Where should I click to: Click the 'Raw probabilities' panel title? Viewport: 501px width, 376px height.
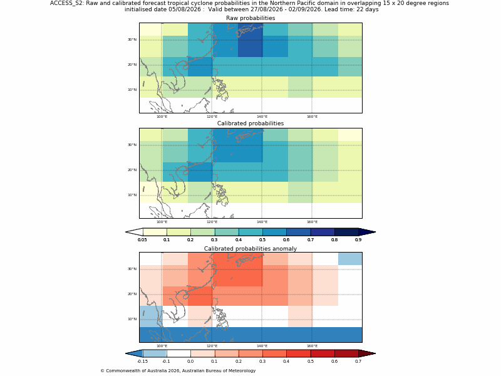click(x=250, y=18)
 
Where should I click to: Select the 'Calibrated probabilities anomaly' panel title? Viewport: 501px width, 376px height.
click(x=250, y=249)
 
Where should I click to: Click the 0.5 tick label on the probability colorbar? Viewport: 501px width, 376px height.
click(x=262, y=240)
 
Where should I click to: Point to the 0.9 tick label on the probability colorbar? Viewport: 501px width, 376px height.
click(x=358, y=240)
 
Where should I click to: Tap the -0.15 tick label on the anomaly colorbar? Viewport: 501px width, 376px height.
click(x=142, y=362)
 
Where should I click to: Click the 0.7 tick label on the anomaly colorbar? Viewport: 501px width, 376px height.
click(x=358, y=362)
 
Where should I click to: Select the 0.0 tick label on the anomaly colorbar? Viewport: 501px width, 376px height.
click(x=190, y=362)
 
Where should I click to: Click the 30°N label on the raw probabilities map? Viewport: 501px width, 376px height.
click(x=132, y=39)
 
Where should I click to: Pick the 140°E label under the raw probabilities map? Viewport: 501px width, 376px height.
click(x=262, y=117)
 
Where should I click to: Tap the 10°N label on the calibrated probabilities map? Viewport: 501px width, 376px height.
click(x=132, y=195)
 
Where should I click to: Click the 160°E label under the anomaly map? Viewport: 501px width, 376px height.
click(x=312, y=347)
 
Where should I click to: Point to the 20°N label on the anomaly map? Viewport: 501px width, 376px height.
click(x=132, y=294)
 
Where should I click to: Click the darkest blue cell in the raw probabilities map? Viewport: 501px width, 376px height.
click(x=250, y=46)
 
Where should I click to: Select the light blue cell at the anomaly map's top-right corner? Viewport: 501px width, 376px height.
click(x=350, y=259)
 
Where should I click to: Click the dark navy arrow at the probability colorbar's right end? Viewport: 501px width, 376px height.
click(x=367, y=232)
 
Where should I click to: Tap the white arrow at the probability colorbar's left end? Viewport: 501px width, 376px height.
click(x=134, y=232)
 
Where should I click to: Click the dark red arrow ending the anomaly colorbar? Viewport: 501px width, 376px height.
click(x=367, y=353)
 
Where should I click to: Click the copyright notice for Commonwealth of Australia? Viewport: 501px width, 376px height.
click(x=178, y=371)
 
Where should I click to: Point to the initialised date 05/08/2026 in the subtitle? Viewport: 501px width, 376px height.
click(x=185, y=9)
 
